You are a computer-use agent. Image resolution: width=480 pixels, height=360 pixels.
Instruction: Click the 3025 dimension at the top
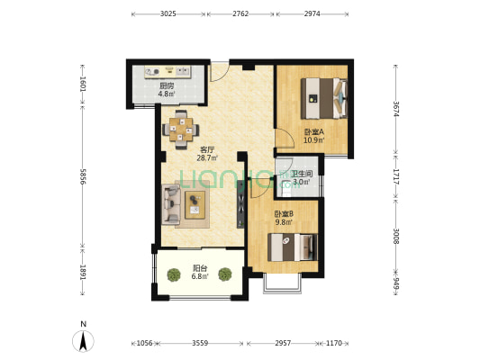tap(168, 13)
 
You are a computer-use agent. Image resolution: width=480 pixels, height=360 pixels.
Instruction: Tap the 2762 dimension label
tap(240, 13)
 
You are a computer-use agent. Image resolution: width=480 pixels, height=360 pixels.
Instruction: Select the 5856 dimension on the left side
tap(83, 176)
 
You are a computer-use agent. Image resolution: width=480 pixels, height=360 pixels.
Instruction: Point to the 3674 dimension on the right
tap(396, 109)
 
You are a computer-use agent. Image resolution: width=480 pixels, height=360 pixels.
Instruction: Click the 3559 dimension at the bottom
tap(200, 343)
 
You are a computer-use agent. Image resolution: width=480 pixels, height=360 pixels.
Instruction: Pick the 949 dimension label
tap(396, 284)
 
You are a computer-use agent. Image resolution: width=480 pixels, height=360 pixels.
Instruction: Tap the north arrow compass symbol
tap(83, 341)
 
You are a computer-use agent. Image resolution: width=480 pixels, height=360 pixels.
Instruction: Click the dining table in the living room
tap(181, 130)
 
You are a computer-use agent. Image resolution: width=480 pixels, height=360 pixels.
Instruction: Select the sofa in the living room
tap(171, 204)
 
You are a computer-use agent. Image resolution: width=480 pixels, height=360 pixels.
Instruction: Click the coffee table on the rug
tap(195, 205)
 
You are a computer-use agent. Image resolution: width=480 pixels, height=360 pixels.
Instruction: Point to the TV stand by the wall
tap(241, 204)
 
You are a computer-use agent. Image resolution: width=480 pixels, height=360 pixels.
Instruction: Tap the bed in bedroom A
tap(324, 98)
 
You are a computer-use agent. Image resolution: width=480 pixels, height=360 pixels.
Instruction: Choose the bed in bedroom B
tap(293, 247)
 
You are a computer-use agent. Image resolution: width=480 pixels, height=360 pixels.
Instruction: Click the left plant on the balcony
tap(174, 274)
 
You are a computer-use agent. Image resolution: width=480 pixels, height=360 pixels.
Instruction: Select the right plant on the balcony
tap(225, 274)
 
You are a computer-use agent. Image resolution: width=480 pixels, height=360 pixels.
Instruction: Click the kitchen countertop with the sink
tap(168, 72)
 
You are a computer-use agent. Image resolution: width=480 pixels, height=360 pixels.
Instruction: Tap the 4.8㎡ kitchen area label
tap(167, 94)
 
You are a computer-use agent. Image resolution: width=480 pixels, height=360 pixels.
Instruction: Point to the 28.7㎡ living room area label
tap(207, 157)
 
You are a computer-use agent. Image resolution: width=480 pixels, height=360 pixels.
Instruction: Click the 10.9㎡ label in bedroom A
tap(313, 140)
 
